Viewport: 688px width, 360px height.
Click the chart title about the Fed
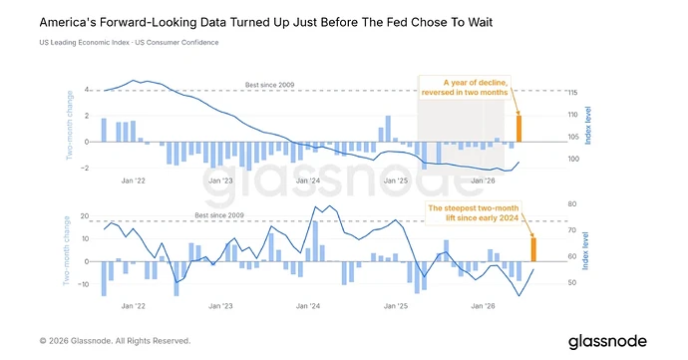(x=266, y=22)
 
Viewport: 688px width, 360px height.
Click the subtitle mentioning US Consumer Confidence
(x=129, y=43)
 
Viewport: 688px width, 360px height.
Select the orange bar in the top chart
(x=518, y=129)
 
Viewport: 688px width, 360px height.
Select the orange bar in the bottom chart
(x=533, y=249)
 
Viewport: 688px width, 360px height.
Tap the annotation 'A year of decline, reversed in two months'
(x=465, y=88)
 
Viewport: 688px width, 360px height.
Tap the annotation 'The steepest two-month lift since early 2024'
(x=473, y=213)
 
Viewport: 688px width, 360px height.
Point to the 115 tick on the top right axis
(x=572, y=93)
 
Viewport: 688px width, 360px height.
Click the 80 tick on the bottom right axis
(x=571, y=204)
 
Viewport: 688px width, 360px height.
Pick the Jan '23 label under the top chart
(x=220, y=180)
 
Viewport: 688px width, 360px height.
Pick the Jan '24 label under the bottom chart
(x=308, y=306)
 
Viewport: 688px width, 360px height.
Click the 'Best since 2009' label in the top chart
(x=269, y=85)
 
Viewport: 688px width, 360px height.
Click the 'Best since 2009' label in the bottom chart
(x=219, y=215)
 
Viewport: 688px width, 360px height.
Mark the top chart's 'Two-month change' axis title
(x=70, y=125)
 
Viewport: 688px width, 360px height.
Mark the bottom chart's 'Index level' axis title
(x=585, y=250)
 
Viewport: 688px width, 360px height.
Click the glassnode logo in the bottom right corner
(x=607, y=342)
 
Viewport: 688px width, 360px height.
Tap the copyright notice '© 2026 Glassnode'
(x=115, y=341)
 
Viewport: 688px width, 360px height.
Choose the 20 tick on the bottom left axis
(x=84, y=216)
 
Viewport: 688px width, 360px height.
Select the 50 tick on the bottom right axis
(x=571, y=283)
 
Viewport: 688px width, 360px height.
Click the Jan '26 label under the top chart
(x=483, y=180)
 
